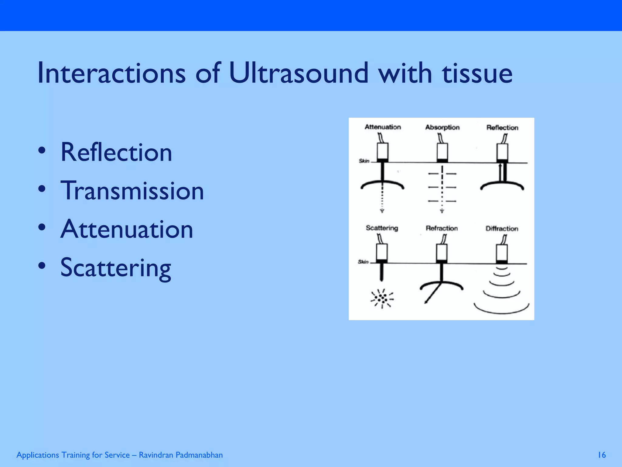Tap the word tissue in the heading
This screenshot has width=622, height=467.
click(477, 73)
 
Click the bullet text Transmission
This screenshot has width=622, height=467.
click(132, 191)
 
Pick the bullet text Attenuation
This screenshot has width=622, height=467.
click(127, 229)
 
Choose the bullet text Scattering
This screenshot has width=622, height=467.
click(115, 268)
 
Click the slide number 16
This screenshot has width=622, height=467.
click(602, 455)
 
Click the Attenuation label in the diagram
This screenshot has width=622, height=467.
click(383, 127)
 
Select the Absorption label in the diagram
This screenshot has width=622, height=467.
click(442, 127)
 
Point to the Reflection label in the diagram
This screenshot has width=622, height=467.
click(502, 128)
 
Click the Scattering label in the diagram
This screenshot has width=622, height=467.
click(382, 228)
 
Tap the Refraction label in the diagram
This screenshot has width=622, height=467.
click(442, 228)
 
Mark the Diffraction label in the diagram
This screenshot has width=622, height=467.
click(502, 229)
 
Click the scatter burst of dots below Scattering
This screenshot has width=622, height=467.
click(382, 298)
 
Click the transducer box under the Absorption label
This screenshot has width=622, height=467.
click(442, 151)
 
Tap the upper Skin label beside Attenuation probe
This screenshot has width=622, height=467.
click(364, 161)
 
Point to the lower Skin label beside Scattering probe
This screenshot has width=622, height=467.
click(363, 262)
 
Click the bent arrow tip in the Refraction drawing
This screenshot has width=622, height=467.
click(426, 302)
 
